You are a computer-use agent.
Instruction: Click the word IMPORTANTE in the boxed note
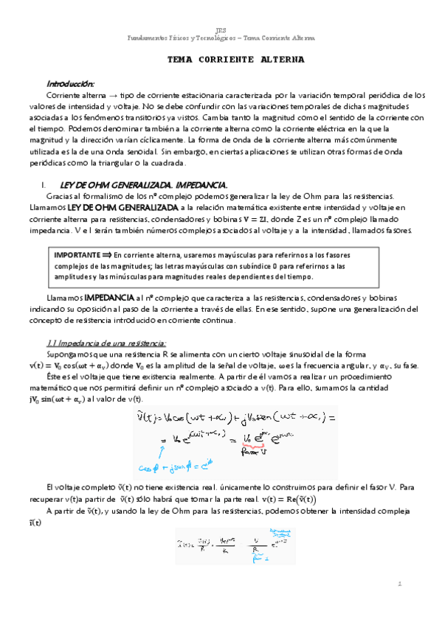(78, 254)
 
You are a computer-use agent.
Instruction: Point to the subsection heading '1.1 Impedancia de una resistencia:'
(106, 343)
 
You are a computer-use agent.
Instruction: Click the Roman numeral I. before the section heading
(46, 184)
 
